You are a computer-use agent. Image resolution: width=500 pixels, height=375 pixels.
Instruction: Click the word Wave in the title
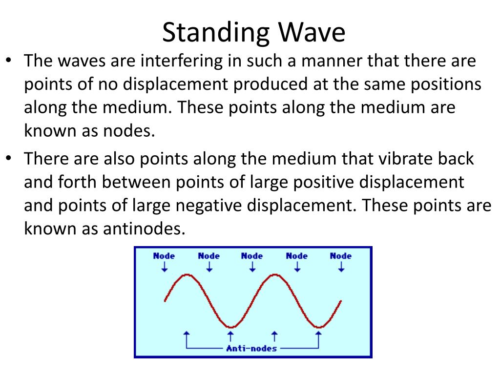click(312, 32)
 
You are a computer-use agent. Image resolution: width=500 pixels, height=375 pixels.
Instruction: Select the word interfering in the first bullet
click(182, 61)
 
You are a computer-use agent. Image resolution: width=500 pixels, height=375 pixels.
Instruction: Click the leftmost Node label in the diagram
click(164, 256)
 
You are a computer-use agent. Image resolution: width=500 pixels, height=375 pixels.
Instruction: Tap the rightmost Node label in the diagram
click(340, 256)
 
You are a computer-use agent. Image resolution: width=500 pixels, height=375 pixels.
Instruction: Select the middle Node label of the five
click(252, 256)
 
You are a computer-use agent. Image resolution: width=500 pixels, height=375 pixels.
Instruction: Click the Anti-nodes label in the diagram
click(251, 349)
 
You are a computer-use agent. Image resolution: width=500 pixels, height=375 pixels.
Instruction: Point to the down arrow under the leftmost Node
click(165, 267)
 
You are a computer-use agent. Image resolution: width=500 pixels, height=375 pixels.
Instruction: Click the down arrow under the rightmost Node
click(341, 267)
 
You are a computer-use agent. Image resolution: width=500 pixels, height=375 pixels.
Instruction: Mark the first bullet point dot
click(9, 60)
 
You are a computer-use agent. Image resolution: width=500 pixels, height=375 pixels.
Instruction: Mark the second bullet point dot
click(9, 158)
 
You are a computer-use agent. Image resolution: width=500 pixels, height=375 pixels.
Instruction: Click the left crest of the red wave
click(187, 275)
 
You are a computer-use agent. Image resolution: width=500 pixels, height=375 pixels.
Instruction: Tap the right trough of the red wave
click(319, 327)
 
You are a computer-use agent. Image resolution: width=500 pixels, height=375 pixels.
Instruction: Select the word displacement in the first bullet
click(175, 84)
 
